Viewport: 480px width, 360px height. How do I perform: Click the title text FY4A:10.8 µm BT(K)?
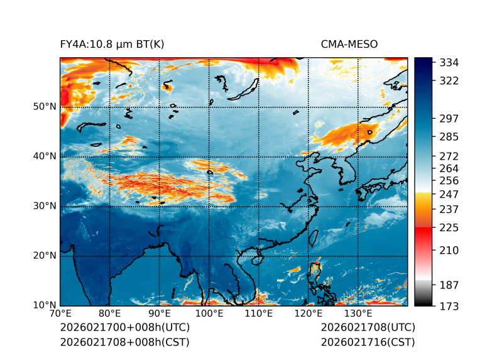pos(112,44)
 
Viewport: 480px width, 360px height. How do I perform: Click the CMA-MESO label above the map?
pos(349,44)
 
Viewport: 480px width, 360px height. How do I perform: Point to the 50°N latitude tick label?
pos(44,107)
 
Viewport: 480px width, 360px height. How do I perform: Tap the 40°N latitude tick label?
pos(44,156)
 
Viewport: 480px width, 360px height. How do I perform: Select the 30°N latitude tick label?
pos(44,206)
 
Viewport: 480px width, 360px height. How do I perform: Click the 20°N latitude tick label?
pos(44,256)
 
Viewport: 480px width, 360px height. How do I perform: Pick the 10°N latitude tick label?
pos(44,305)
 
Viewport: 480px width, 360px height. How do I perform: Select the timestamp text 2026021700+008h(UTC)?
pos(124,328)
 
